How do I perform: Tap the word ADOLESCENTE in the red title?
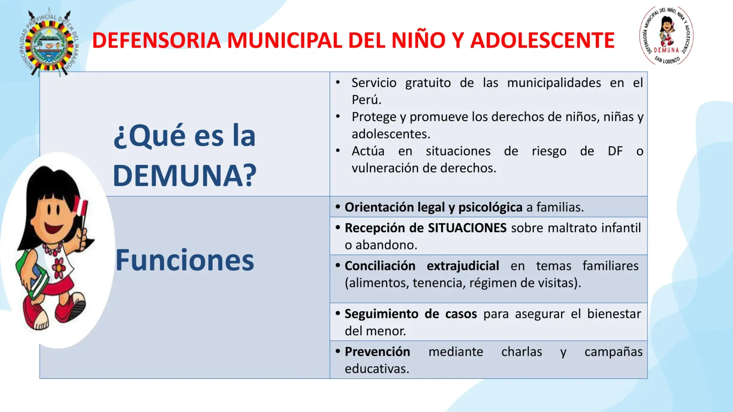coord(542,40)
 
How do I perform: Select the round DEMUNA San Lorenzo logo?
coord(667,35)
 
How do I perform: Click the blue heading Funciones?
coord(185,260)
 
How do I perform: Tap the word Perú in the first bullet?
coord(366,100)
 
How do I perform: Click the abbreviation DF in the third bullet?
coord(615,151)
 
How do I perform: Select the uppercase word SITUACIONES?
coord(467,228)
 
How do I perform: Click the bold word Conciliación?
coord(380,266)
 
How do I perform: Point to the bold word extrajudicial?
coord(463,266)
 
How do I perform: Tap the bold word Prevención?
coord(377,352)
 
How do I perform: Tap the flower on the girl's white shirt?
coord(59,268)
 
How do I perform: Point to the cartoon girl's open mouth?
coord(53,228)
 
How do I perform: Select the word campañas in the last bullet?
coord(614,352)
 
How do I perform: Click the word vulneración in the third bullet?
coord(385,168)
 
